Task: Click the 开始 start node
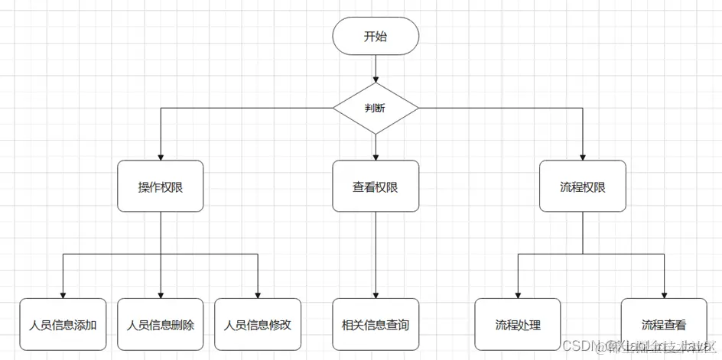376,37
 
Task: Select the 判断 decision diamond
376,108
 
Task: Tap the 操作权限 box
161,186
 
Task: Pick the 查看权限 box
376,186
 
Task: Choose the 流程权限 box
583,186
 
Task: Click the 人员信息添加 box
63,324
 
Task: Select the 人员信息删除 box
161,324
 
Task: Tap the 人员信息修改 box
258,324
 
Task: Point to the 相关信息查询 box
376,324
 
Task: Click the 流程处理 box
518,324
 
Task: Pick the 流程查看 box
663,324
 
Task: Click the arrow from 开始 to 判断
376,69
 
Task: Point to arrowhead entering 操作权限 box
161,156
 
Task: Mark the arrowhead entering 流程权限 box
583,156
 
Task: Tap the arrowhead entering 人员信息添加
63,294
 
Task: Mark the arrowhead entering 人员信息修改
258,294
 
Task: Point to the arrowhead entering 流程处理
518,294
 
